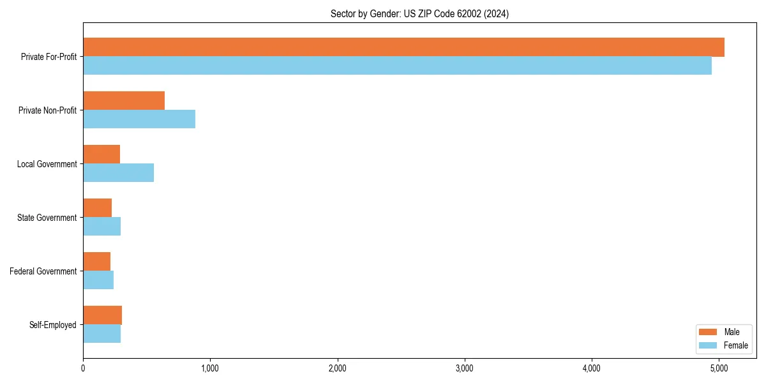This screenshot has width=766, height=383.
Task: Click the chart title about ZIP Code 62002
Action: point(419,13)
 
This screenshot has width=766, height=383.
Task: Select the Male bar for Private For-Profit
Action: point(403,47)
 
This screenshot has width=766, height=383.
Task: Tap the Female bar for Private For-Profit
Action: point(397,66)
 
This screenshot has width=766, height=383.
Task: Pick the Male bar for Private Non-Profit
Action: point(124,101)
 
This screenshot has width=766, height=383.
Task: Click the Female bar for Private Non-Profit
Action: point(139,119)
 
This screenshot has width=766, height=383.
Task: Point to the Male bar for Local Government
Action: point(101,154)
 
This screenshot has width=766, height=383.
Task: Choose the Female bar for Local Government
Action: point(118,173)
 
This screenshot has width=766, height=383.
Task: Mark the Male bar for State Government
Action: point(98,208)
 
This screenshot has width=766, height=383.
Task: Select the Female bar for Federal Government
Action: point(98,280)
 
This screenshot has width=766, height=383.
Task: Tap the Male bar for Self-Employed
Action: point(102,315)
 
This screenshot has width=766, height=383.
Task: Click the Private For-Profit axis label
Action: point(49,57)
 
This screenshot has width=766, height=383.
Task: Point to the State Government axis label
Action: point(47,218)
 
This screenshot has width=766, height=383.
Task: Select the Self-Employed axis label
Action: point(52,325)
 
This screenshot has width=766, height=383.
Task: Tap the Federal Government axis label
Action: point(43,271)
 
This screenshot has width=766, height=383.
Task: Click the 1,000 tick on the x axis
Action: point(210,368)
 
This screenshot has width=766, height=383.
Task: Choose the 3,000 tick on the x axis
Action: point(465,368)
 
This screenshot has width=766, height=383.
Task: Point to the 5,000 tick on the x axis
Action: point(719,368)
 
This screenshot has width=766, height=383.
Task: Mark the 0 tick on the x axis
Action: point(83,368)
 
